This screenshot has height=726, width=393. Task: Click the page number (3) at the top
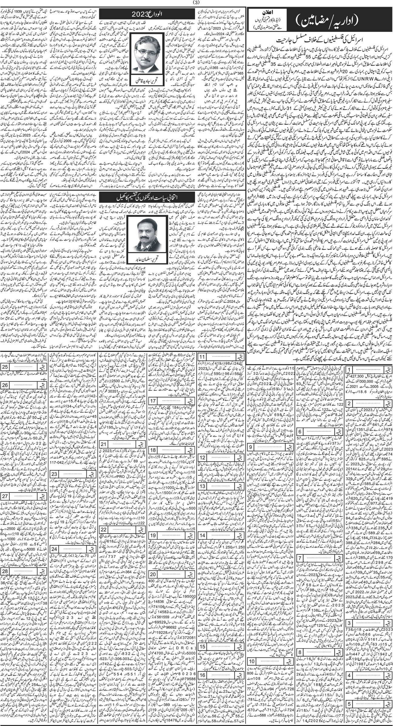(196, 3)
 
